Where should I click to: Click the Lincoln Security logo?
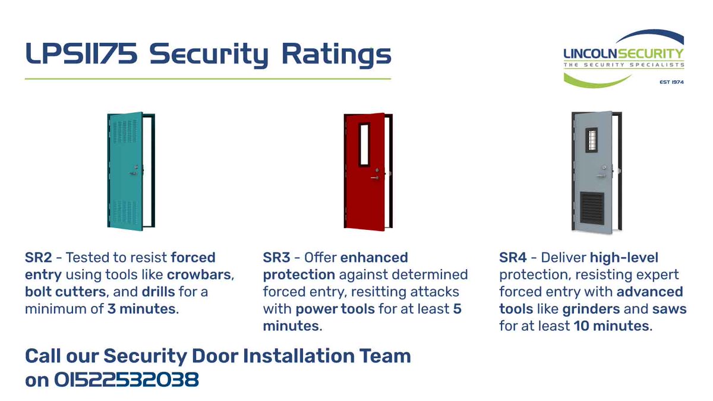(623, 58)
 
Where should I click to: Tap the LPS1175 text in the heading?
(81, 55)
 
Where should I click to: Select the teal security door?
(127, 170)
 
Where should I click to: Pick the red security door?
(367, 170)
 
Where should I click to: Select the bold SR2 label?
(38, 258)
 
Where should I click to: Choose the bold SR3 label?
(276, 258)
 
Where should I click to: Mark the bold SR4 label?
(513, 258)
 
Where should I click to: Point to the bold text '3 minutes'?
(143, 310)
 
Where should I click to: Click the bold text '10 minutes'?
(612, 327)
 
